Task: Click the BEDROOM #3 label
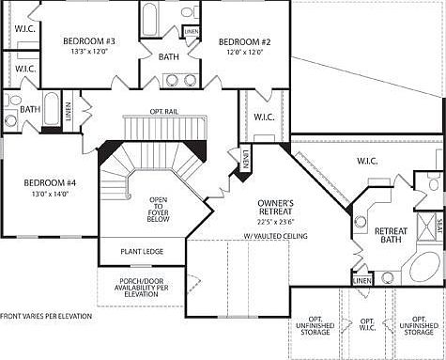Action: tap(89, 41)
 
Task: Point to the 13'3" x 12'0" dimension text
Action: tap(89, 53)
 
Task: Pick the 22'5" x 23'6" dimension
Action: tap(277, 223)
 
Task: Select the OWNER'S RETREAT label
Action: tap(277, 207)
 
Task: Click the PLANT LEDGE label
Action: tap(142, 251)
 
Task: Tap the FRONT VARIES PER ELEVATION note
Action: tap(46, 316)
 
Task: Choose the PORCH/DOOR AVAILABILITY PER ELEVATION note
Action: tap(143, 286)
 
